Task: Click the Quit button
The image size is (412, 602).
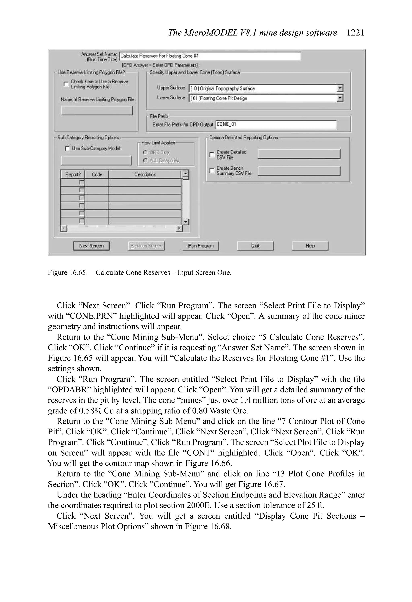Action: point(255,246)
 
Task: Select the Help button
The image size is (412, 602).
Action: point(310,246)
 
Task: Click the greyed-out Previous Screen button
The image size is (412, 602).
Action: point(146,246)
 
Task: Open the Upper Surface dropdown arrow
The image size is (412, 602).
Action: point(340,88)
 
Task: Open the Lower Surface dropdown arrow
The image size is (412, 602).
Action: point(340,98)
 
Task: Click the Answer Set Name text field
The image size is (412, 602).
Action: point(210,56)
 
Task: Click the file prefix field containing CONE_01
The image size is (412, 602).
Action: point(276,124)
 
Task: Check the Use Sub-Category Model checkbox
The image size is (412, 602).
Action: point(67,148)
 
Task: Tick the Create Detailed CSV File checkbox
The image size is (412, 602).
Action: point(212,155)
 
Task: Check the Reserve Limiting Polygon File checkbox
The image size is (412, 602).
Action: point(66,84)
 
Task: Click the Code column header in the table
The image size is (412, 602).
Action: point(97,175)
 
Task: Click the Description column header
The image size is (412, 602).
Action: point(145,175)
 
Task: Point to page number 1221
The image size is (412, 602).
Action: point(355,33)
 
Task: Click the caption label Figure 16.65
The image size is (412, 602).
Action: point(68,273)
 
